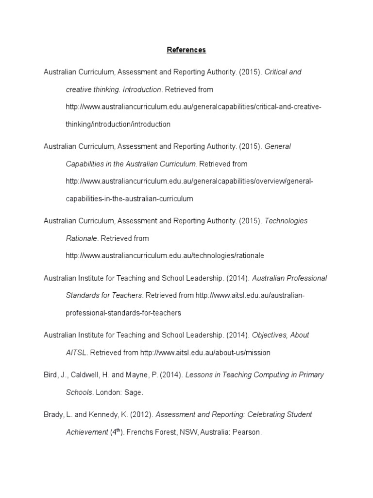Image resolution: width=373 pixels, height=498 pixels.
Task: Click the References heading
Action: coord(186,50)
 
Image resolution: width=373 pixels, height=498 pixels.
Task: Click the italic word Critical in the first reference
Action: coord(276,72)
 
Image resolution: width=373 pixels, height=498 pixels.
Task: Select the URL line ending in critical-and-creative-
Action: coord(193,107)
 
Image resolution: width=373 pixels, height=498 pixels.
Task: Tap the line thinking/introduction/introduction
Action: coord(118,124)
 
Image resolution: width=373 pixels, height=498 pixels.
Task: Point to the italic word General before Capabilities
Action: coord(277,146)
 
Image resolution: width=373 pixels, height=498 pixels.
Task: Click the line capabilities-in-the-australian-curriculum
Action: coord(129,198)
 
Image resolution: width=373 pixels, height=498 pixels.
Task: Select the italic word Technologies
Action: coord(286,221)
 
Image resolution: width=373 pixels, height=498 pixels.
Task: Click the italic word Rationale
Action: coord(82,238)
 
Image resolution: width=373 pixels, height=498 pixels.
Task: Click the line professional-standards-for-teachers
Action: coord(123,313)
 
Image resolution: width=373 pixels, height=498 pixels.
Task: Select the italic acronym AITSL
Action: coord(76,353)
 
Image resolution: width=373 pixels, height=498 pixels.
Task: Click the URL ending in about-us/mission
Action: coord(205,353)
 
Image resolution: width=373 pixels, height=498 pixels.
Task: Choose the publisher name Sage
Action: coord(134,392)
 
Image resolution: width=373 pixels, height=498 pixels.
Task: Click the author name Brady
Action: coord(53,415)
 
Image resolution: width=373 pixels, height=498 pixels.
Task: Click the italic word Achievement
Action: coord(87,432)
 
